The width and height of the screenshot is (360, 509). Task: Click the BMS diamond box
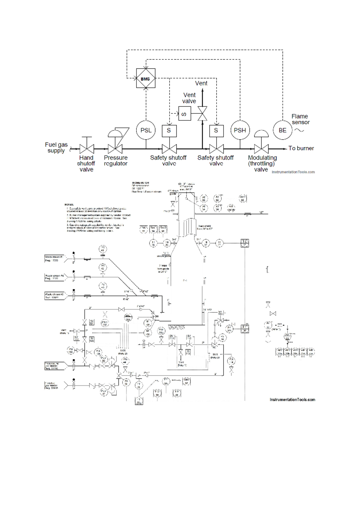[x=145, y=78]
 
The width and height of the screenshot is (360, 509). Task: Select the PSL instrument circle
[x=146, y=130]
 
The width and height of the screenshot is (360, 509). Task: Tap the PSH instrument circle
[x=240, y=130]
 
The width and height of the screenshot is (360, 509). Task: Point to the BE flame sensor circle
[x=282, y=130]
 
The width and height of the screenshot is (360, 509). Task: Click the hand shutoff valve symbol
[x=87, y=149]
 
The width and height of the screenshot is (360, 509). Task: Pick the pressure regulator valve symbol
[x=115, y=149]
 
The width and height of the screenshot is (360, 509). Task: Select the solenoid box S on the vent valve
[x=184, y=114]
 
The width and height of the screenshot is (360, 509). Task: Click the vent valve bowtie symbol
[x=202, y=114]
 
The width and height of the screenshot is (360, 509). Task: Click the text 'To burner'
[x=301, y=148]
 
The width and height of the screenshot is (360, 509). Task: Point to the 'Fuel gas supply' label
[x=56, y=147]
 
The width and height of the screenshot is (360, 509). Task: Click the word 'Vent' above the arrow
[x=201, y=83]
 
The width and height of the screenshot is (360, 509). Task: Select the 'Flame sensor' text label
[x=300, y=119]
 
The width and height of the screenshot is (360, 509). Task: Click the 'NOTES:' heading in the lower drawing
[x=69, y=204]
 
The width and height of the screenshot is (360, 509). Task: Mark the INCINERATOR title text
[x=140, y=183]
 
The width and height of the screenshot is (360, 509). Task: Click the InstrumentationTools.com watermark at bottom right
[x=292, y=400]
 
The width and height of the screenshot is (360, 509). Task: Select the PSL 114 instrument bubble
[x=231, y=360]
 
